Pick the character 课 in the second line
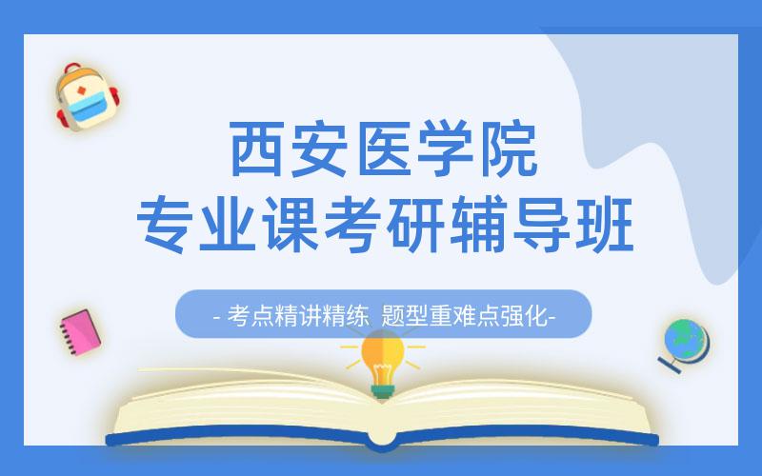pos(290,221)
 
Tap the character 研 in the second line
pos(412,221)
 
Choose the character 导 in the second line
pos(535,221)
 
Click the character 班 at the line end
pos(597,221)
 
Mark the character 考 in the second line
pos(351,221)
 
